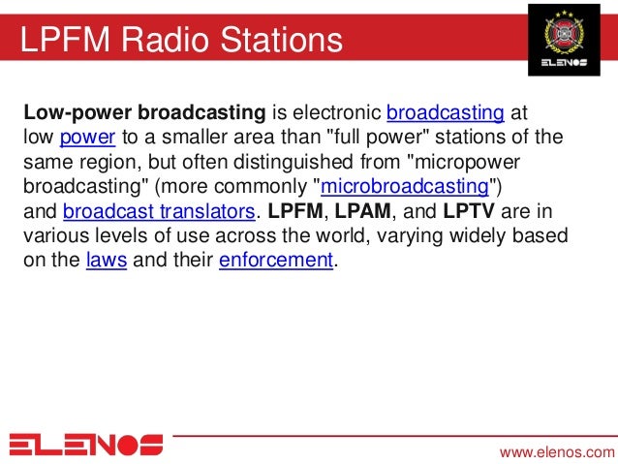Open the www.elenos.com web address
(x=556, y=451)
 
